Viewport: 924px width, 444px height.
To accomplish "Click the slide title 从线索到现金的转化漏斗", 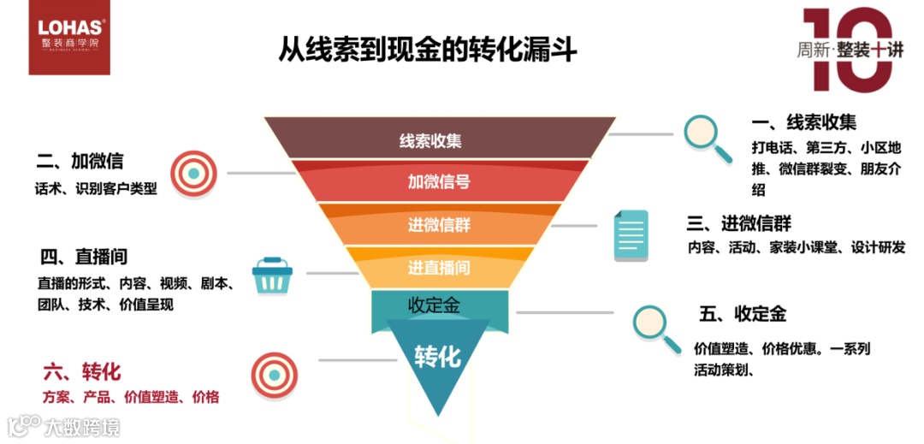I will (x=428, y=49).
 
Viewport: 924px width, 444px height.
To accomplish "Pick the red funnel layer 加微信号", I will (x=439, y=181).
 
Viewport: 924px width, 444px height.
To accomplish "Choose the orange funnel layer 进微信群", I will (x=439, y=225).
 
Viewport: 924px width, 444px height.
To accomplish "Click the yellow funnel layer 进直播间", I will (x=439, y=267).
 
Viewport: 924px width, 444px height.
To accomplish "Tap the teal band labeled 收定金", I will (x=439, y=305).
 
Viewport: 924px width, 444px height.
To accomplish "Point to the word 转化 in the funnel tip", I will (x=438, y=356).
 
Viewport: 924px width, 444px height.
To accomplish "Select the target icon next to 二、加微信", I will (x=194, y=173).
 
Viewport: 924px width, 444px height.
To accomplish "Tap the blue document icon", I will (x=631, y=235).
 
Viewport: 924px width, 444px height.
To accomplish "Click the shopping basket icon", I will (x=273, y=275).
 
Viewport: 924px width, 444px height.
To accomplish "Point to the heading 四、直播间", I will (x=84, y=257).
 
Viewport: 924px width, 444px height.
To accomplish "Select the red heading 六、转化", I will (x=82, y=372).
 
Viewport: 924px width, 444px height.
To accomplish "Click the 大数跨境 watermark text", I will (x=82, y=426).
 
